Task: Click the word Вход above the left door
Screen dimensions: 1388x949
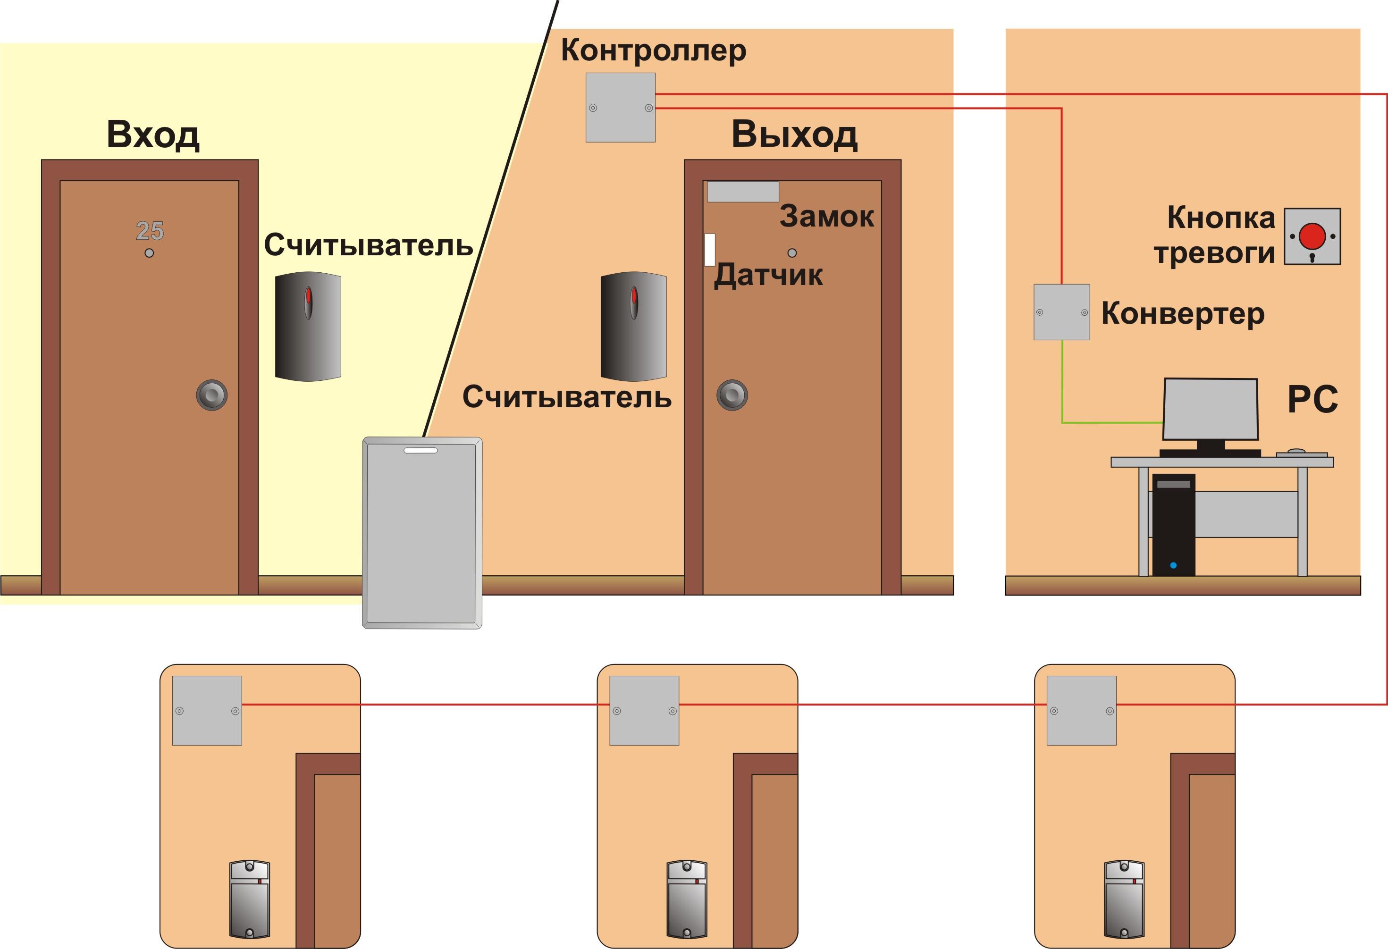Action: pyautogui.click(x=153, y=134)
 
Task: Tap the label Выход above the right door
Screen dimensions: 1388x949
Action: pyautogui.click(x=794, y=134)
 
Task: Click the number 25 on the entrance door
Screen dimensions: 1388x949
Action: pyautogui.click(x=150, y=231)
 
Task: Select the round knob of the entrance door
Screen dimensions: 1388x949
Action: pyautogui.click(x=212, y=395)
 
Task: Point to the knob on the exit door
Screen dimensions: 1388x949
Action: pyautogui.click(x=732, y=395)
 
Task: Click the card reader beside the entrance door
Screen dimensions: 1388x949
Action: pyautogui.click(x=308, y=326)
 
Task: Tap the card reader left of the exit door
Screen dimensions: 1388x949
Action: pyautogui.click(x=634, y=326)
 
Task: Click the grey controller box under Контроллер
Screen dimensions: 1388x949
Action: pyautogui.click(x=621, y=108)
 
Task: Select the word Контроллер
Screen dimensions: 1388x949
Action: pyautogui.click(x=653, y=50)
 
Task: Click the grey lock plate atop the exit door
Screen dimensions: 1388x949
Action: pyautogui.click(x=743, y=191)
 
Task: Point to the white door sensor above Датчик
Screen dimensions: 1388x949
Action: pyautogui.click(x=709, y=250)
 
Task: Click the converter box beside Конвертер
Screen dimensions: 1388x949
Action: pyautogui.click(x=1062, y=312)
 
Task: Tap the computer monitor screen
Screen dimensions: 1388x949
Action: pyautogui.click(x=1211, y=409)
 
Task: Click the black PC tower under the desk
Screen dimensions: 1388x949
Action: pyautogui.click(x=1174, y=525)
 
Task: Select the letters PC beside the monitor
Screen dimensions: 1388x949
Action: pyautogui.click(x=1313, y=400)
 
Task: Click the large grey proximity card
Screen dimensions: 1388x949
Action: pyautogui.click(x=422, y=533)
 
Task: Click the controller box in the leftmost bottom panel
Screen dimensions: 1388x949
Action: pyautogui.click(x=207, y=710)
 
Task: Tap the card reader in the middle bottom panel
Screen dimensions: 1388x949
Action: pyautogui.click(x=687, y=899)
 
